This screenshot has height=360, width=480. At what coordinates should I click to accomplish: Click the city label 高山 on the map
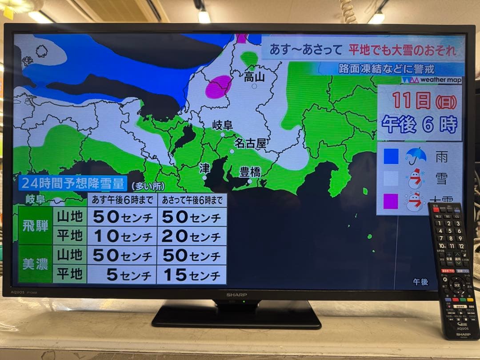[254, 76]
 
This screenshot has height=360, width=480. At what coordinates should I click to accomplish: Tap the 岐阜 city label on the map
[223, 125]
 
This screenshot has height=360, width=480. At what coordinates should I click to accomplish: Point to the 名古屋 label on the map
[250, 143]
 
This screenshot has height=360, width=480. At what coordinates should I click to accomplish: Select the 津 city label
[204, 168]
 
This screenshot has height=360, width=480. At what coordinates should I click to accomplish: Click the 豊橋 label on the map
[250, 172]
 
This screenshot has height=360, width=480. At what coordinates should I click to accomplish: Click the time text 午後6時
[419, 124]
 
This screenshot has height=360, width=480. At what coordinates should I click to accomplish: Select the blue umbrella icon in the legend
[416, 156]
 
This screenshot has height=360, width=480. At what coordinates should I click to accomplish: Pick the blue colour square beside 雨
[391, 156]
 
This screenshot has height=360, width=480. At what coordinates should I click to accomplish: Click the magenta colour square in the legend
[391, 201]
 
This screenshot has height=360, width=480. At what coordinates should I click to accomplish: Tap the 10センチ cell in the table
[122, 236]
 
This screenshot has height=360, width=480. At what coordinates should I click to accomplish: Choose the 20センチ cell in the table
[192, 236]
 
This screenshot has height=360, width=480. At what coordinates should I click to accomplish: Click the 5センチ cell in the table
[122, 275]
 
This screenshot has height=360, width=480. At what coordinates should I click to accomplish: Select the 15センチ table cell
[192, 275]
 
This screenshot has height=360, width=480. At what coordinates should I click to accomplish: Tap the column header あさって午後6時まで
[192, 200]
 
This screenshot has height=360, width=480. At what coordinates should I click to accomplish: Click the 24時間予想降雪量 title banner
[73, 184]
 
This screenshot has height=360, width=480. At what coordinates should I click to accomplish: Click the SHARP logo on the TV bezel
[236, 295]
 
